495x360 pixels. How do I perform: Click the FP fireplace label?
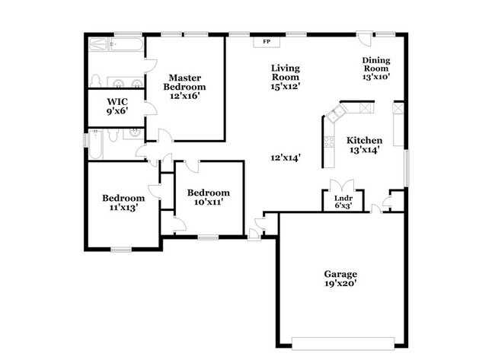[267, 42]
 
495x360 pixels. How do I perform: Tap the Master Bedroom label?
[185, 82]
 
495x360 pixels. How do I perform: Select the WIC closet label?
[117, 100]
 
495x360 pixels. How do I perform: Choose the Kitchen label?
[364, 141]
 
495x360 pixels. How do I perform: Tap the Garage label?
[340, 274]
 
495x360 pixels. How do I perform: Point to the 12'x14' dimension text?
[286, 158]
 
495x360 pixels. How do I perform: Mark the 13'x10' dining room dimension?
[376, 76]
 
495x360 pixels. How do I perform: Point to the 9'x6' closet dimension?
[117, 110]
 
